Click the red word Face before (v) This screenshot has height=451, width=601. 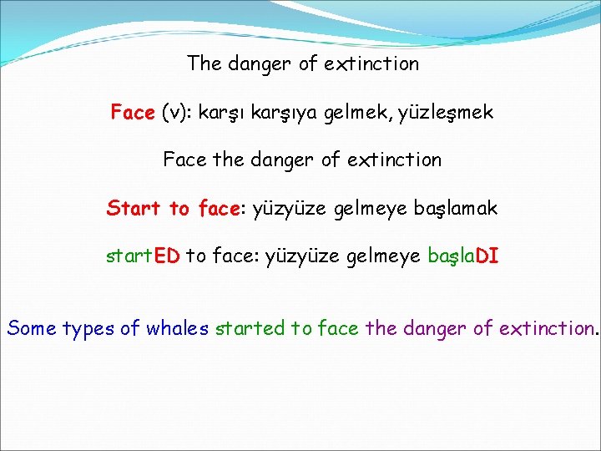coord(133,112)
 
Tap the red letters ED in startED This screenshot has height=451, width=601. coord(167,256)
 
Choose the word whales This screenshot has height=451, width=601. coord(177,328)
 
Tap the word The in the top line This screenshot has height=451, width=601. coord(204,63)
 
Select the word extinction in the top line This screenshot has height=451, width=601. coord(374,63)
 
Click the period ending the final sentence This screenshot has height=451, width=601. coord(596,333)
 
